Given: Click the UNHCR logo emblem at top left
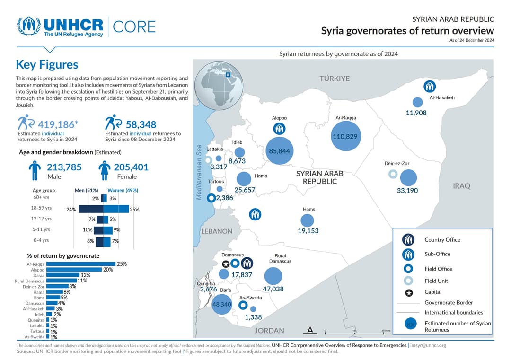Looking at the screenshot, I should (29, 27).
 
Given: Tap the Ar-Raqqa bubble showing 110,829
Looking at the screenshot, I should (346, 136).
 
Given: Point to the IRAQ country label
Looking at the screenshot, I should (461, 186).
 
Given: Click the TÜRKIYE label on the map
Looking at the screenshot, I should (334, 79).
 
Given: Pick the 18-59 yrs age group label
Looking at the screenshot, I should (41, 208).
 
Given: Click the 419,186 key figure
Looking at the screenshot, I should (56, 124).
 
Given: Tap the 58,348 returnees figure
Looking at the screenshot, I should (141, 124).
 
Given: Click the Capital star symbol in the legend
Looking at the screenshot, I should (409, 293).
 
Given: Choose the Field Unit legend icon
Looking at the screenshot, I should (409, 281).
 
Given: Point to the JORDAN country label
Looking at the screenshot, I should (269, 331).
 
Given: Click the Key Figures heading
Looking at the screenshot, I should (47, 64).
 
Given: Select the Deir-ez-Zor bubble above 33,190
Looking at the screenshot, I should (408, 178).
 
